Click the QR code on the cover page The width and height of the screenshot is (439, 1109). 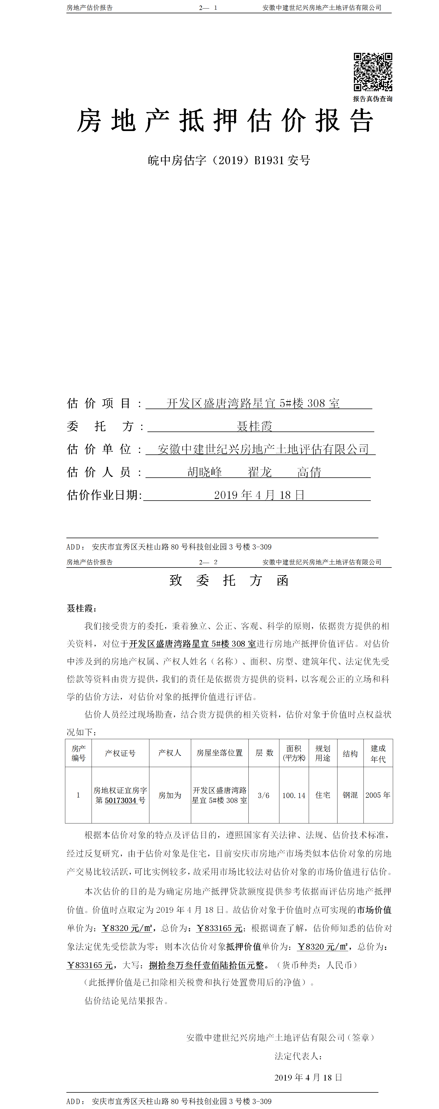(373, 72)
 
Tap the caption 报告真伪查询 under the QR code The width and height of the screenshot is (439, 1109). (373, 99)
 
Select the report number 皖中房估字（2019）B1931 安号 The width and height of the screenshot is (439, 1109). (229, 161)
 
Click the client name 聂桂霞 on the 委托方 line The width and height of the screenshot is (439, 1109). (254, 426)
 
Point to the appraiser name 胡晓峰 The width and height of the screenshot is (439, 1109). (205, 472)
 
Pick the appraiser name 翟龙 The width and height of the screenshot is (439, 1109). (260, 472)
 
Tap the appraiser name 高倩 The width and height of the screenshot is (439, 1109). (309, 472)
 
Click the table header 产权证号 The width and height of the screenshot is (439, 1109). (120, 753)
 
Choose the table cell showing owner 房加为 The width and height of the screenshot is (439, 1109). (170, 795)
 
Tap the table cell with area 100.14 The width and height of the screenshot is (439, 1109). (294, 796)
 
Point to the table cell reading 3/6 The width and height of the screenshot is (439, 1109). (264, 796)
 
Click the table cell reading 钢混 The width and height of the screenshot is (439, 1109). (350, 795)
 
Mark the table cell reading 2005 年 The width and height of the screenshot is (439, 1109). (378, 795)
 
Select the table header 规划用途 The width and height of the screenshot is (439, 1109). (323, 753)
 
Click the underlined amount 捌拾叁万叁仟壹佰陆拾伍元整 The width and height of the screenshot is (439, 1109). (206, 965)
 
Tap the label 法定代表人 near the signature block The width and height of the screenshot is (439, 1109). (298, 1056)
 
